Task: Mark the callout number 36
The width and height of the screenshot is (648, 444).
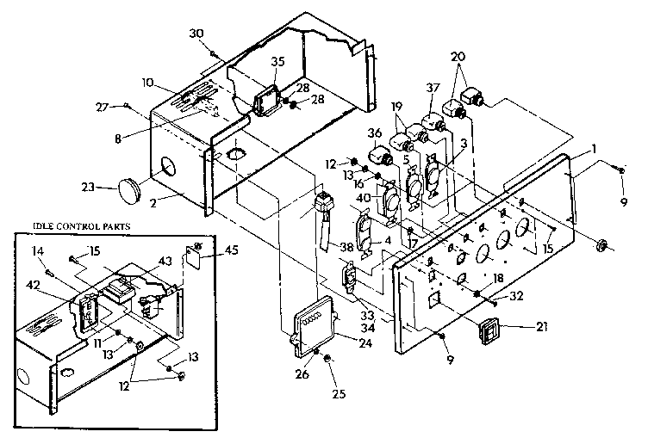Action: (375, 133)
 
